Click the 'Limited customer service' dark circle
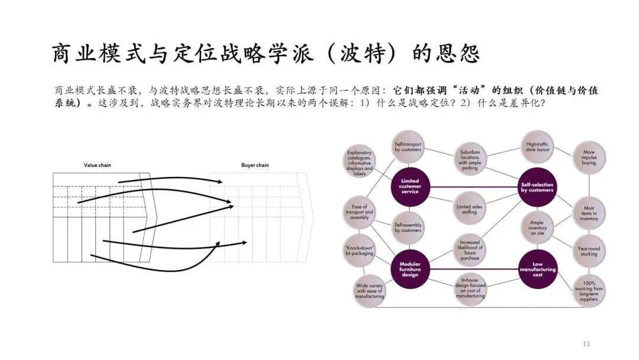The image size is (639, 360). pos(409,186)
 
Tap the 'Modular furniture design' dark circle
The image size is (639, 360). pos(410,270)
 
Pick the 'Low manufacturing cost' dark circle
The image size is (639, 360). pos(538,270)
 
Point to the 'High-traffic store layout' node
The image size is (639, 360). pos(538,146)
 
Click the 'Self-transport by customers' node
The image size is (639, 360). pos(408,146)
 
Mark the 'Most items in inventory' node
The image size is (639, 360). pos(589,213)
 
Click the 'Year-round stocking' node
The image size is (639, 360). pos(589,251)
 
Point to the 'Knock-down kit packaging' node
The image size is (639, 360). pos(359,251)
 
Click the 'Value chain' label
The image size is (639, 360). pos(96,165)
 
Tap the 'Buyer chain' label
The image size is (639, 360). pos(255,165)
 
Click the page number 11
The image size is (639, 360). pos(587,343)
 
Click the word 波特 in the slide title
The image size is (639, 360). pos(362,54)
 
